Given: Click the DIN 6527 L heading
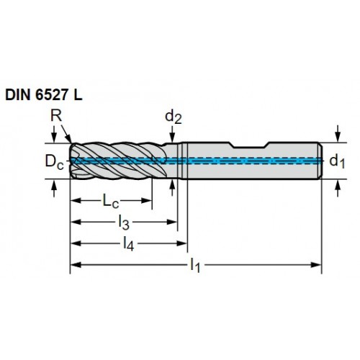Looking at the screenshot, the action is coord(44,95).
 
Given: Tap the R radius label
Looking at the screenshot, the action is coord(56,116).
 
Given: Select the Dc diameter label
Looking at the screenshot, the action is coord(55,162).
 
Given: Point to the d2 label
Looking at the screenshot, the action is coord(174,117).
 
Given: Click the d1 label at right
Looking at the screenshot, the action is coord(337,161).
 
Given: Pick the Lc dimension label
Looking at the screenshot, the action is coord(111,201).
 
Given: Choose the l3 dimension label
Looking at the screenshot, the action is coord(124,223).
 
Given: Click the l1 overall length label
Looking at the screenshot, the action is coord(195,266).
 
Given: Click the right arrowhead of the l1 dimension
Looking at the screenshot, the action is coord(316,265).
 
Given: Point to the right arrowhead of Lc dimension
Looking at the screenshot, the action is coord(146,201).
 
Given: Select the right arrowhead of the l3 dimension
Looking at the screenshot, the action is coord(172,222).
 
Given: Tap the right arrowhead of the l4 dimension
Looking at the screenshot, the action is coord(181,243).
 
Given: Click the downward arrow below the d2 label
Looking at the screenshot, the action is coord(172,135).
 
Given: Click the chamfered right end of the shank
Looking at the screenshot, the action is coord(320,161).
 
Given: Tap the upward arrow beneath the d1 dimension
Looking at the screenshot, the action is coord(338,189).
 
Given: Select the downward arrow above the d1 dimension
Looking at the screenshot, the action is coord(338,133).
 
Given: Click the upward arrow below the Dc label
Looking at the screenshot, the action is coord(54,189).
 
